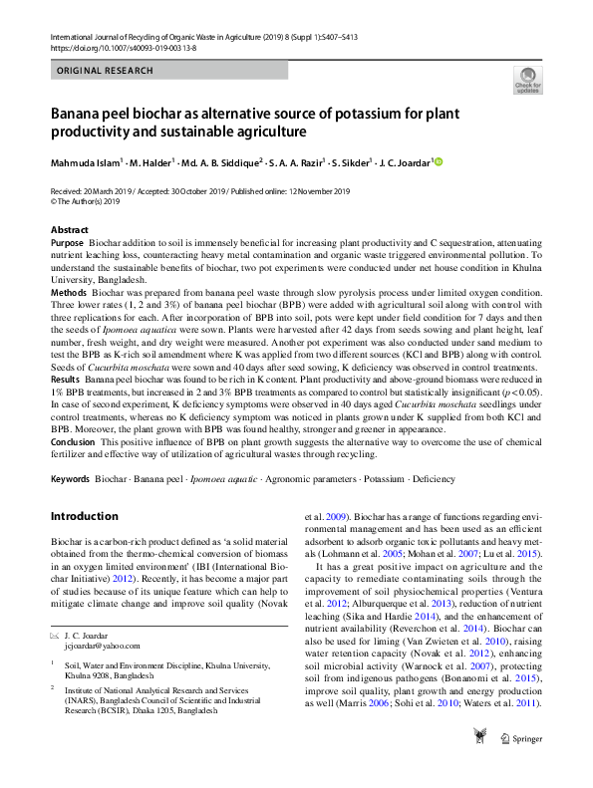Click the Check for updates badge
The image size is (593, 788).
(526, 80)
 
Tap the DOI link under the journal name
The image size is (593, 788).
(118, 48)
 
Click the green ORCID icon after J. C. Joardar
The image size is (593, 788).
(437, 162)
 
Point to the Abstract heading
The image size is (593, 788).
(69, 230)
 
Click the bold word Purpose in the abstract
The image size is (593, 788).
(67, 243)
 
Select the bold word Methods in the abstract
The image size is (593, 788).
(69, 293)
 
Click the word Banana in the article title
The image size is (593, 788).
(81, 114)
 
